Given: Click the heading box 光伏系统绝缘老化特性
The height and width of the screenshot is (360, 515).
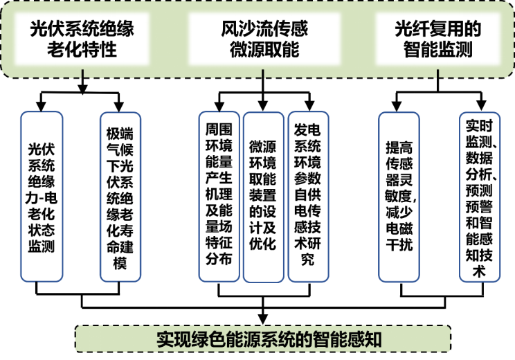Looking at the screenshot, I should pos(81,39).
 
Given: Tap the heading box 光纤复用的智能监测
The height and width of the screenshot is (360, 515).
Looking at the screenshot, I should pos(437,39).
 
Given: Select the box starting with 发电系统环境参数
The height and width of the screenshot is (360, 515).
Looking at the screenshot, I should pos(307,196).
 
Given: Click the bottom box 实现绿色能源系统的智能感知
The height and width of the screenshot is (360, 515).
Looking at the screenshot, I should pos(262,339).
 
